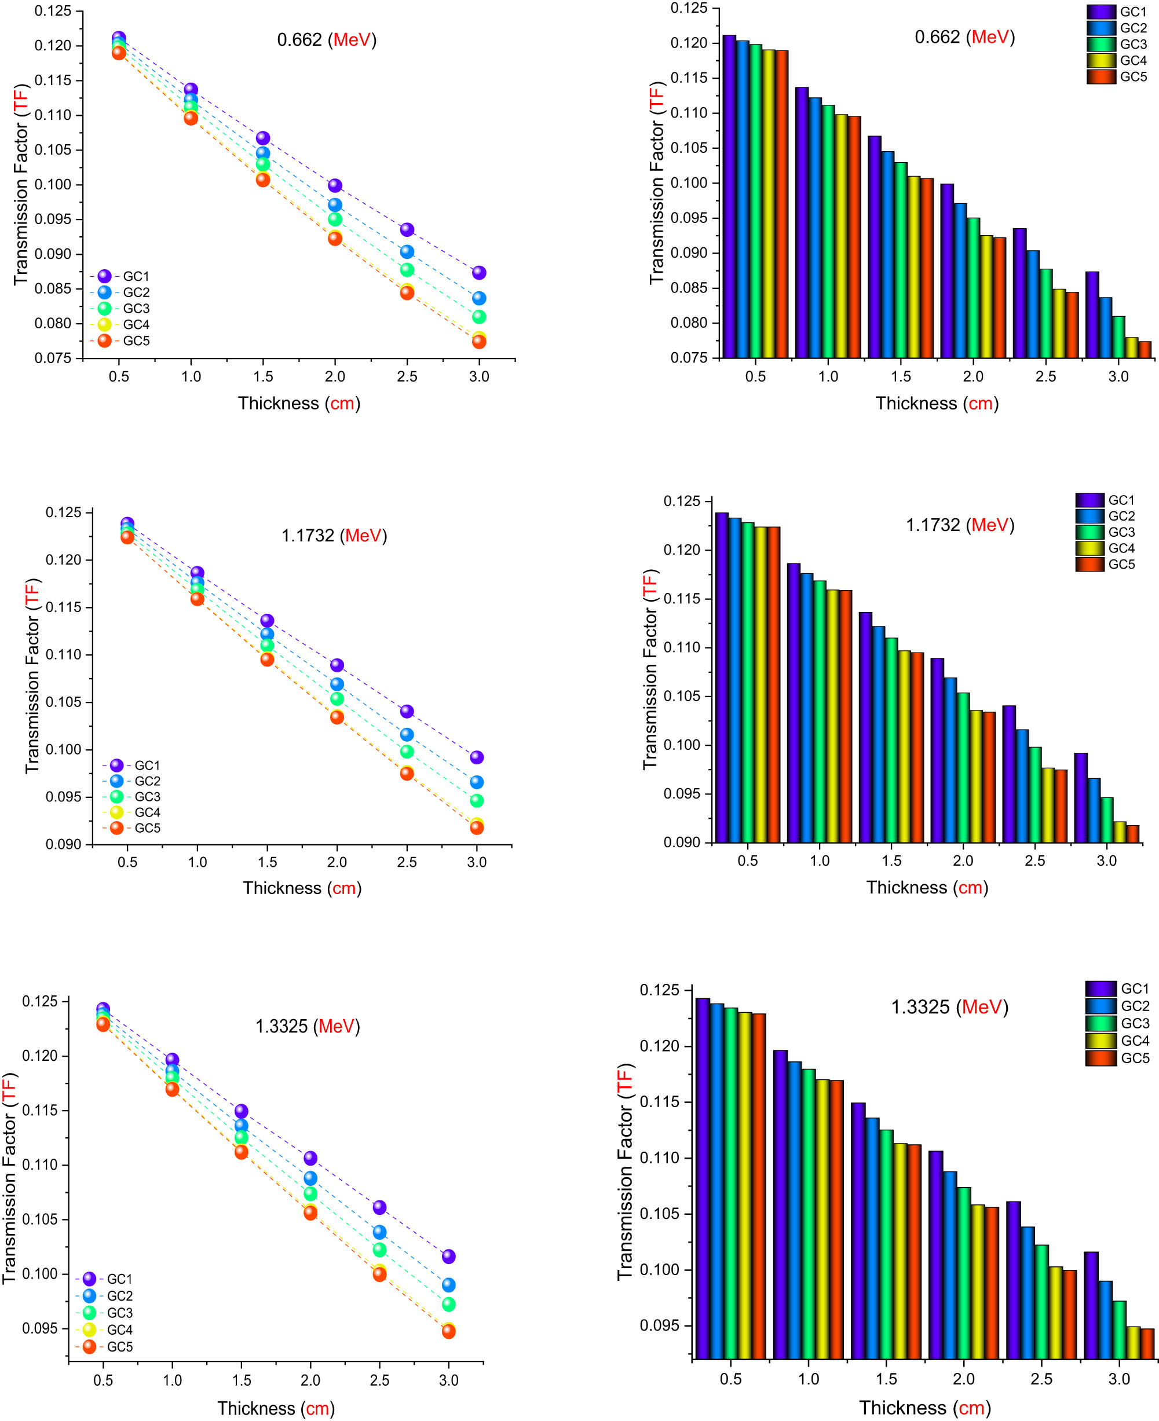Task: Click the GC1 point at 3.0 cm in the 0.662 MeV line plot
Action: (x=478, y=272)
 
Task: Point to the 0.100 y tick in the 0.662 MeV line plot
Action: (x=53, y=184)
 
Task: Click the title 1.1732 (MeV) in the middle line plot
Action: (x=334, y=535)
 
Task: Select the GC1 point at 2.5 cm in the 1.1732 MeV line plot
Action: (x=407, y=711)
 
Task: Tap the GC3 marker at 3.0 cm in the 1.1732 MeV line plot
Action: (x=477, y=800)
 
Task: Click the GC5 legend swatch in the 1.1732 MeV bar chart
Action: (x=1089, y=565)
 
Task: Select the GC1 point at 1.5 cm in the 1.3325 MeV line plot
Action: (x=241, y=1111)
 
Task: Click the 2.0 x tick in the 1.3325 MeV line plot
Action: (x=310, y=1380)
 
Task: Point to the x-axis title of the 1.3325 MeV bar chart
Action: (x=924, y=1407)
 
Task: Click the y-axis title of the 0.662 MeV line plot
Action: (x=21, y=184)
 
